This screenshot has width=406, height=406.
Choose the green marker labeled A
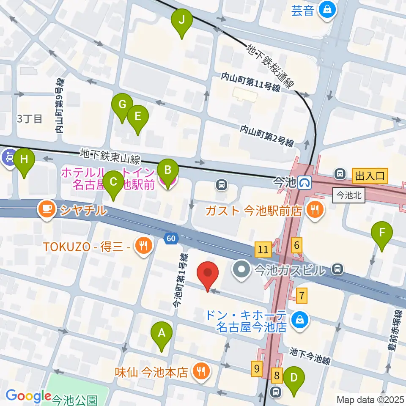tap(162, 335)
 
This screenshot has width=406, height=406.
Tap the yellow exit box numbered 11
tap(263, 249)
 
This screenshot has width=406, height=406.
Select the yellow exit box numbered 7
tap(302, 295)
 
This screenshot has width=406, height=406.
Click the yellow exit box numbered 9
tap(257, 368)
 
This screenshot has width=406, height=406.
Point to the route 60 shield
tap(170, 239)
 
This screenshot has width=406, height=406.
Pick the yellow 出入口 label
tap(369, 175)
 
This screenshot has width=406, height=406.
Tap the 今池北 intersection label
tap(349, 196)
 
